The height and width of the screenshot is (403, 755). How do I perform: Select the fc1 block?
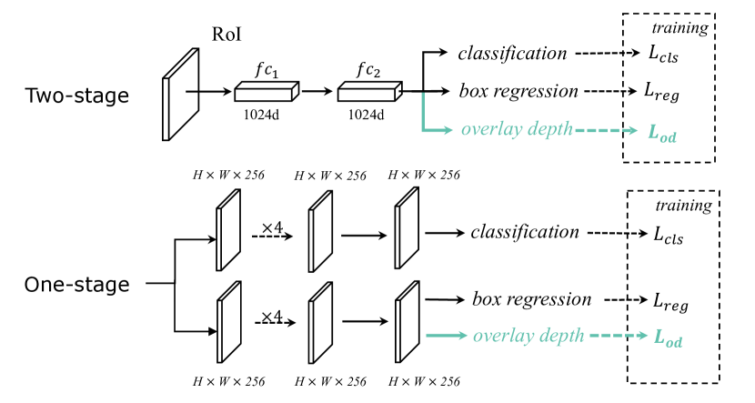tap(267, 91)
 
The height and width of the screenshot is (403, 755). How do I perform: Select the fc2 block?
tap(369, 91)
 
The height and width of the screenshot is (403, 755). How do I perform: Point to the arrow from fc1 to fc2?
tap(317, 91)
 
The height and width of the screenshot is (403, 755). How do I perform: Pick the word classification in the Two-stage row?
tap(513, 54)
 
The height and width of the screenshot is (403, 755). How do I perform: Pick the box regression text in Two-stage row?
tap(518, 91)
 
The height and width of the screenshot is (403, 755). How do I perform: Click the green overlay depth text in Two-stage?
tap(517, 128)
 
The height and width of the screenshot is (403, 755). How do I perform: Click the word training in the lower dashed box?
tap(684, 206)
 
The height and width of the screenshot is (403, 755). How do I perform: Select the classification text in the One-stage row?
tap(525, 232)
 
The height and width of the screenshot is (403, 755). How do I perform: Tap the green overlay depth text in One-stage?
tap(528, 336)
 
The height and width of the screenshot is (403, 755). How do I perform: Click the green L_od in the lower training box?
tap(669, 338)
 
